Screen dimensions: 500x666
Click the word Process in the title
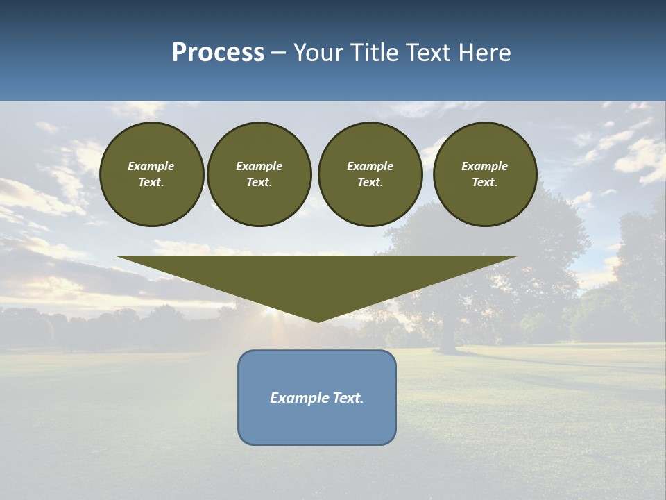coord(218,53)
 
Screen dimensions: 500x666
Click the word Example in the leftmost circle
coord(151,166)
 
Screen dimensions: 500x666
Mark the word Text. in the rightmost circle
coord(485,183)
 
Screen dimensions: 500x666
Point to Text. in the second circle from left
coord(259,183)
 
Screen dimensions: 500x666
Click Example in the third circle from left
coord(370,166)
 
